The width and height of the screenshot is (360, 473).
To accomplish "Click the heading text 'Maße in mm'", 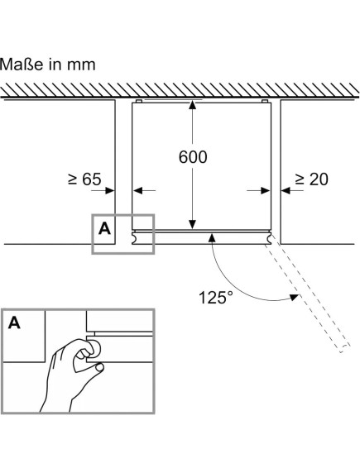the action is click(48, 64).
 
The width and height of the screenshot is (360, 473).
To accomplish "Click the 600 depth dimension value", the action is click(193, 157).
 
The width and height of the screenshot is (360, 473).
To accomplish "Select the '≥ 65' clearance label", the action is click(84, 179).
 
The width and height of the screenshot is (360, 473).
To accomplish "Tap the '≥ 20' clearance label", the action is click(311, 179).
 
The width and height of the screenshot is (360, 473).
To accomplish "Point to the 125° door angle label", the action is click(216, 297).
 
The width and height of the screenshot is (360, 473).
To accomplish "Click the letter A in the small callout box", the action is click(104, 228).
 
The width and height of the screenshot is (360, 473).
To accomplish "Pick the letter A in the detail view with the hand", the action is click(14, 323).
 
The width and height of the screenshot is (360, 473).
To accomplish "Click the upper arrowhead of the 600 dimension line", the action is click(192, 105).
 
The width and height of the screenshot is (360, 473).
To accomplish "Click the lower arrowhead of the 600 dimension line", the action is click(192, 225).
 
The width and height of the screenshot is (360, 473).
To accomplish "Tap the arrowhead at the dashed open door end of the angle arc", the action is click(294, 298).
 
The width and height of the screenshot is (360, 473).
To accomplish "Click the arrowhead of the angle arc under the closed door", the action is click(212, 237).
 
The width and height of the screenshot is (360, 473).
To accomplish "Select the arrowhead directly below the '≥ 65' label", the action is click(110, 191).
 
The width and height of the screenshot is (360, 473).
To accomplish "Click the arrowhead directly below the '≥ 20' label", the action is click(286, 191).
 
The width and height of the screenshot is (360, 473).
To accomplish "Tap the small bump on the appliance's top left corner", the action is click(139, 101).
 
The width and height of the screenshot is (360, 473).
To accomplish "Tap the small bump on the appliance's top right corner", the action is click(265, 101).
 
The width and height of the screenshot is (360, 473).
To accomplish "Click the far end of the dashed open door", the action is click(344, 349).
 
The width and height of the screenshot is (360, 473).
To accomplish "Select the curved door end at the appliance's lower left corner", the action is click(135, 237).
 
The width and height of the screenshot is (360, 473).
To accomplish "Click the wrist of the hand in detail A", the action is click(57, 405).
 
